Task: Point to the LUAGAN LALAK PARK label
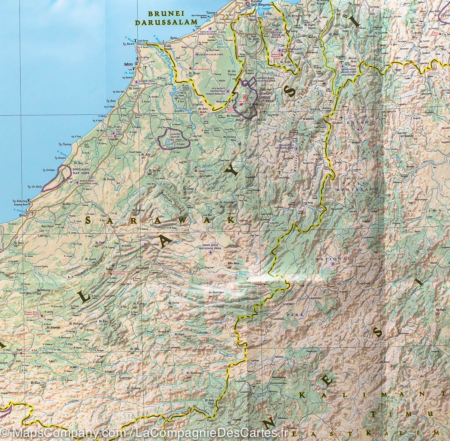(x=211, y=54)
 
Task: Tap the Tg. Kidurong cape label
(x=21, y=201)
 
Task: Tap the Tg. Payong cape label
(x=63, y=143)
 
